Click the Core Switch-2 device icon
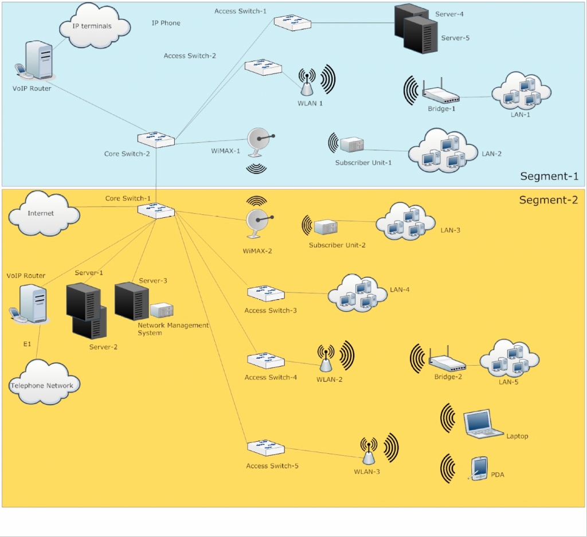click(156, 139)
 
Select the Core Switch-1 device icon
click(156, 211)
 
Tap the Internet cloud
click(44, 213)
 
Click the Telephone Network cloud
click(44, 382)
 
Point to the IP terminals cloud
click(95, 25)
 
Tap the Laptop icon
click(483, 424)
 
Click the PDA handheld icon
click(478, 468)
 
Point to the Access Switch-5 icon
click(266, 448)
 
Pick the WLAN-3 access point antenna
click(369, 451)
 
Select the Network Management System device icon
click(162, 310)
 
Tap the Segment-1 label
click(549, 177)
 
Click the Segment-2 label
click(549, 200)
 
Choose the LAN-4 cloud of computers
click(358, 293)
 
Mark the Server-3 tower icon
click(131, 301)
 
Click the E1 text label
click(28, 344)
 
